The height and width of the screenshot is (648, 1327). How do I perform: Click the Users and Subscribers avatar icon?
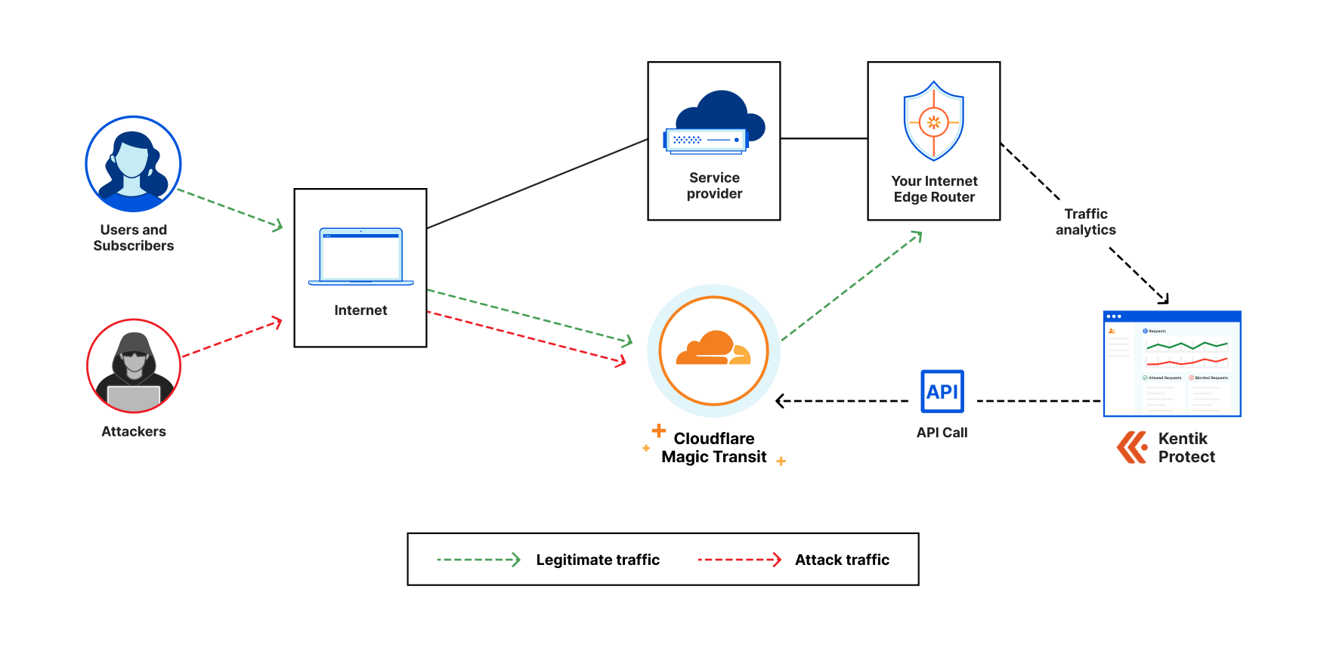tap(133, 164)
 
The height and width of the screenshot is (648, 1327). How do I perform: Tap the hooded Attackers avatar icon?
tap(134, 366)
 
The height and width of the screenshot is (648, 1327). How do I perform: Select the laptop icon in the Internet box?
tap(360, 256)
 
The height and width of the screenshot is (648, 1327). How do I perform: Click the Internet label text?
tap(360, 310)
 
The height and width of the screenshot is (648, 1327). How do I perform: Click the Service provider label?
tap(714, 186)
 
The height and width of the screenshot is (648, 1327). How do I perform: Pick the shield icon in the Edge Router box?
tap(934, 122)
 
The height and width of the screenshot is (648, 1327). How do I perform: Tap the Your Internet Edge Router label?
tap(934, 190)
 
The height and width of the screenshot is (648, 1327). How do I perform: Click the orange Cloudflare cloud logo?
tap(713, 350)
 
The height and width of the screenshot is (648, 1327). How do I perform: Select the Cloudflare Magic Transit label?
tap(714, 448)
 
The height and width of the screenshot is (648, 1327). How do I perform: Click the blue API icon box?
tap(942, 391)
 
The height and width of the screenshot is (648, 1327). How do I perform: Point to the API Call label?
tap(942, 433)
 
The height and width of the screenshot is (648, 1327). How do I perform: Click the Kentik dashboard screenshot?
tap(1172, 363)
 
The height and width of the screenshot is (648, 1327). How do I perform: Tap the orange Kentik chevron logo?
tap(1132, 447)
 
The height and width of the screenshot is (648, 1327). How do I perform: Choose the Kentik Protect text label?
tap(1186, 448)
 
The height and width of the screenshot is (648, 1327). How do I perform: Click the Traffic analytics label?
tap(1086, 222)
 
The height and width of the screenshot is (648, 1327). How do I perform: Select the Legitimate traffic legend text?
tap(598, 560)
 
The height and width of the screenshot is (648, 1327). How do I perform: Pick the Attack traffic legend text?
tap(842, 560)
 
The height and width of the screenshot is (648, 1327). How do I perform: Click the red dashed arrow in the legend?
tap(739, 560)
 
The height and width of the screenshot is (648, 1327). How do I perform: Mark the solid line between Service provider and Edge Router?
tap(824, 138)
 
